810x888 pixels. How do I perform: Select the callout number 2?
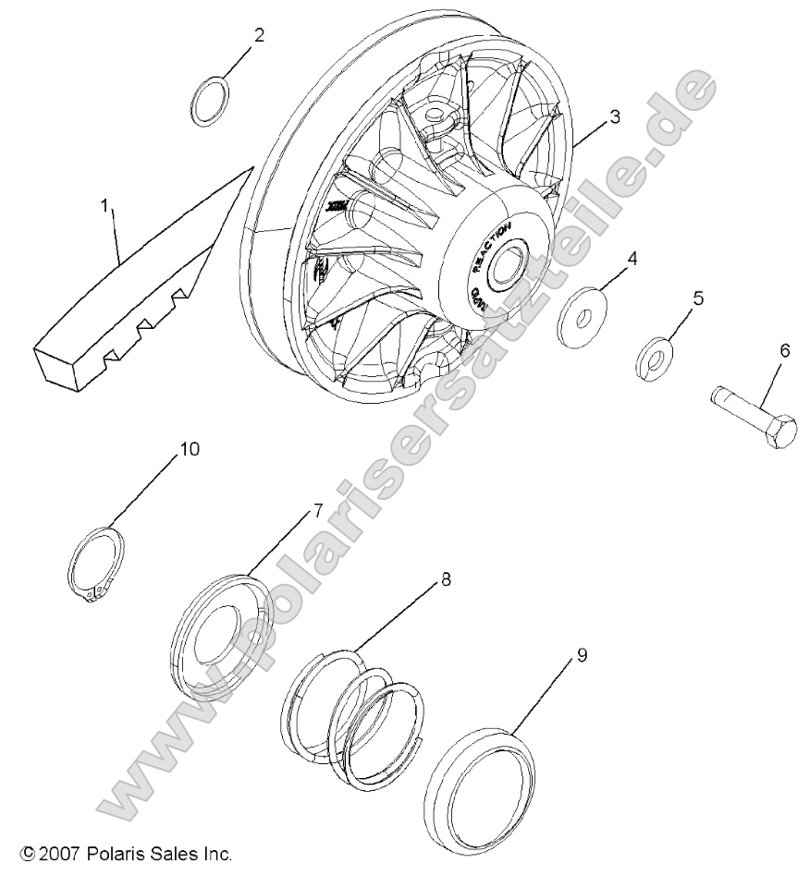click(259, 36)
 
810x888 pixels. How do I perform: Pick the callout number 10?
click(189, 449)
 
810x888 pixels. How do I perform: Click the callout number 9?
click(582, 654)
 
